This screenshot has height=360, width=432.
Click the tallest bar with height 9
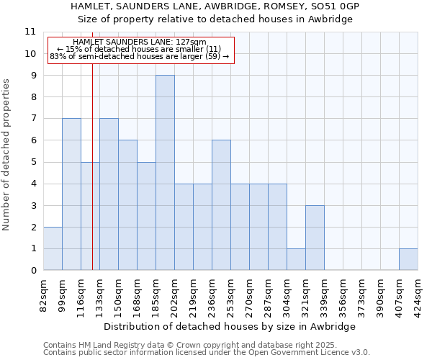165,173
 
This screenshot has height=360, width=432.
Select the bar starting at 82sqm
53,248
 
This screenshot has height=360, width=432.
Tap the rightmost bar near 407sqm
408,259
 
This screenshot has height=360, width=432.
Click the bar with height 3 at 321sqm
315,238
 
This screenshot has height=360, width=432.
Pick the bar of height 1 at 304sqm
296,259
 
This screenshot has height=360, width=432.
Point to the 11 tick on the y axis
30,32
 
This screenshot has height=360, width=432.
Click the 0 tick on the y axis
32,271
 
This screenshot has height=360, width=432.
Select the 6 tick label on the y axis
32,140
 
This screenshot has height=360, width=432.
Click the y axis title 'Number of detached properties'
6,155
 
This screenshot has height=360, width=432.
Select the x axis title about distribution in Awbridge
230,326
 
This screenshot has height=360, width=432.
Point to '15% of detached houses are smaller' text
143,50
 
